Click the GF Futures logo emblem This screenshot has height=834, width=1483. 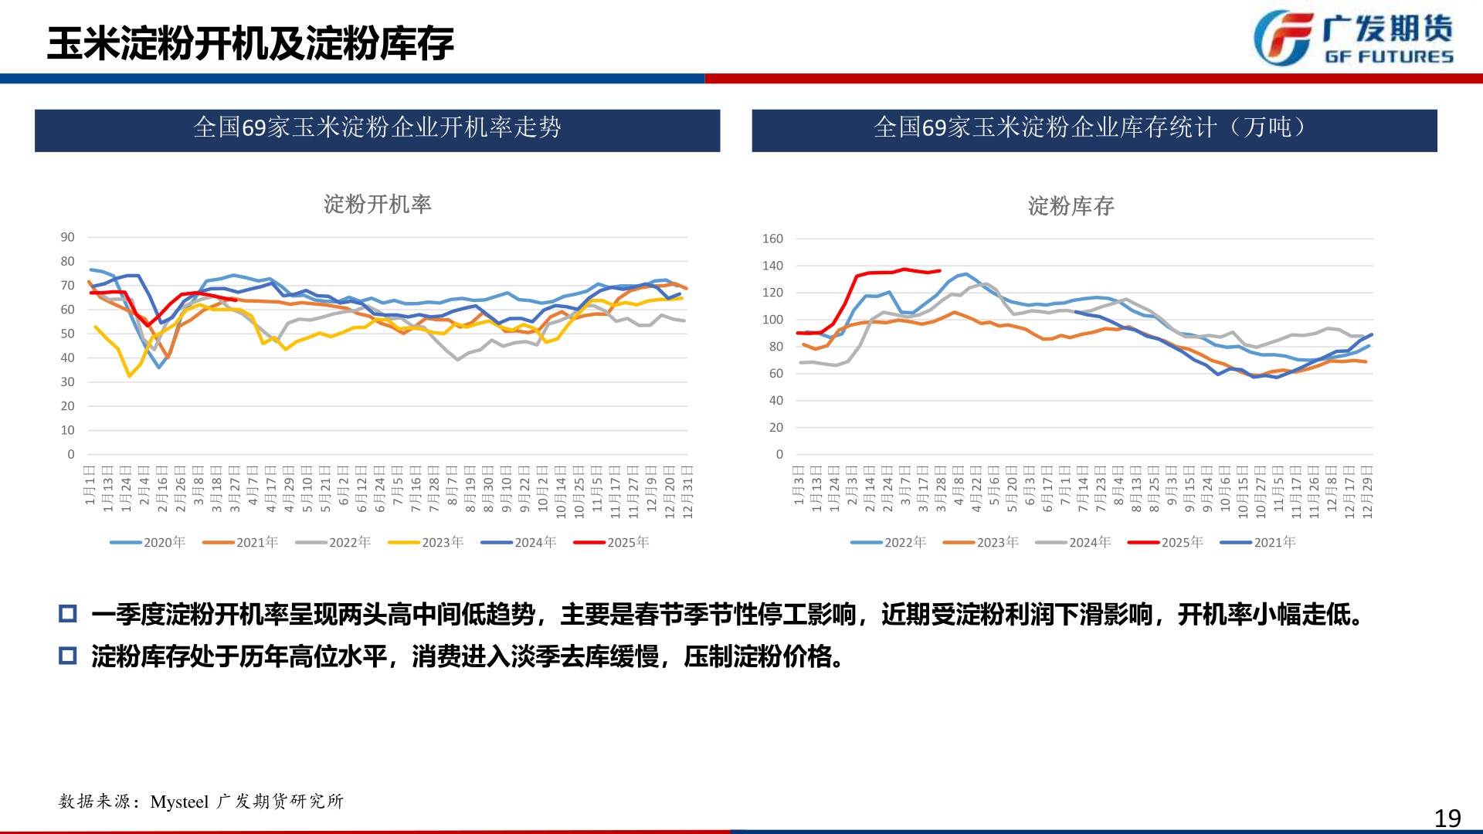tap(1283, 38)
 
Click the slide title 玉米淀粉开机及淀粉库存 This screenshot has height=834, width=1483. tap(250, 43)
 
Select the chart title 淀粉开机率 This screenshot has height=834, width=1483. tap(377, 204)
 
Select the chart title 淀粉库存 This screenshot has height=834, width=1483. tap(1071, 206)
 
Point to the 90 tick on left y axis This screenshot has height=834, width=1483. tap(68, 237)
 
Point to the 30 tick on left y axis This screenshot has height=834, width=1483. tap(68, 382)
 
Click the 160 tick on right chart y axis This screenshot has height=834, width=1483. tap(772, 239)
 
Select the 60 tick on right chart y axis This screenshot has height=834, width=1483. tap(775, 374)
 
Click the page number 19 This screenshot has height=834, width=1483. tap(1447, 818)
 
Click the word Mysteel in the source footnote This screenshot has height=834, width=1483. tap(179, 802)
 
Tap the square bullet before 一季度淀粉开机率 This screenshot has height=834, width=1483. tap(68, 614)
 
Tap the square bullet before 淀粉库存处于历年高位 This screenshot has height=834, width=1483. tap(68, 656)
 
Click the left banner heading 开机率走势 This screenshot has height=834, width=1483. tap(377, 127)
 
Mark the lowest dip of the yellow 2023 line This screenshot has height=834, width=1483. tap(129, 376)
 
